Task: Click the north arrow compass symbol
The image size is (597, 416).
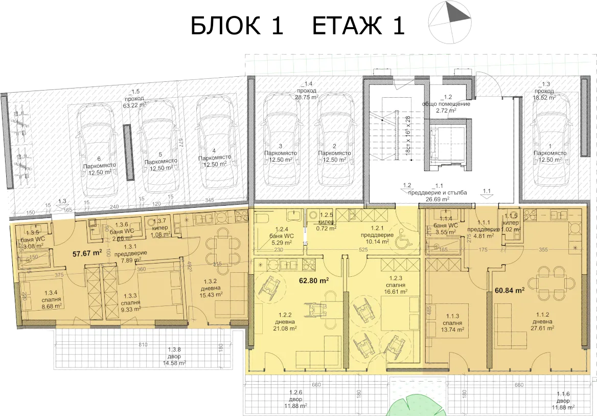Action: (x=450, y=21)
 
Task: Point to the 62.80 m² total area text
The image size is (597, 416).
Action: (x=313, y=280)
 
